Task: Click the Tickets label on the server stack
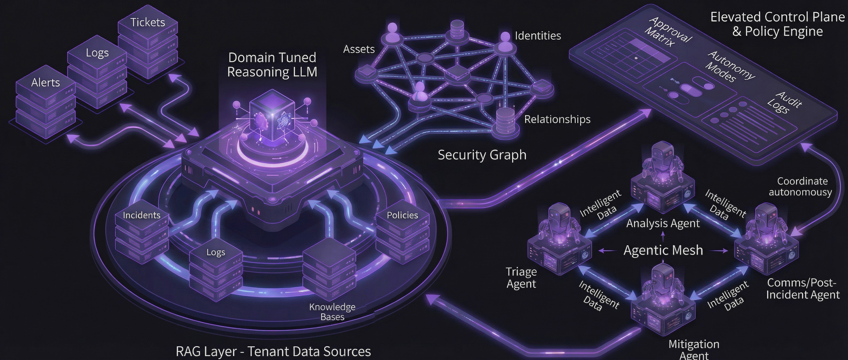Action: pyautogui.click(x=147, y=22)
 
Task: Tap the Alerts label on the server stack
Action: pyautogui.click(x=46, y=82)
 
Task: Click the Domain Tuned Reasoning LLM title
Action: pyautogui.click(x=272, y=65)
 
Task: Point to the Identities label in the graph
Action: pyautogui.click(x=537, y=36)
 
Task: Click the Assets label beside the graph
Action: pyautogui.click(x=359, y=49)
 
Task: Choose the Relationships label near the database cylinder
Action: pyautogui.click(x=557, y=119)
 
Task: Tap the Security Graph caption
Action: pyautogui.click(x=482, y=155)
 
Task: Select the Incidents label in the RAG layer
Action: pyautogui.click(x=142, y=215)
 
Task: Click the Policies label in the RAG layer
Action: pyautogui.click(x=402, y=215)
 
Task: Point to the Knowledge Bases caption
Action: pyautogui.click(x=332, y=312)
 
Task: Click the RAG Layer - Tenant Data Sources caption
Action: pyautogui.click(x=273, y=351)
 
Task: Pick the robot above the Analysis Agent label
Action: pyautogui.click(x=662, y=165)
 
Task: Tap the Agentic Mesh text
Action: pyautogui.click(x=663, y=250)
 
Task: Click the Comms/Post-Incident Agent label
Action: pyautogui.click(x=802, y=288)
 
